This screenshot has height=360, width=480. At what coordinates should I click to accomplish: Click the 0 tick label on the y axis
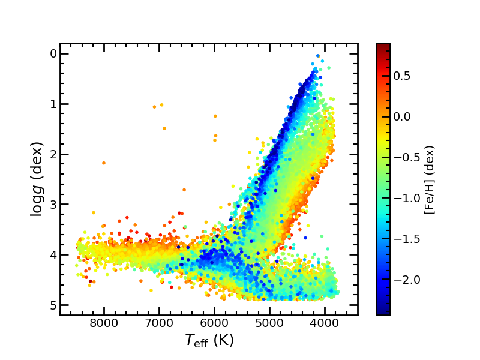(53, 53)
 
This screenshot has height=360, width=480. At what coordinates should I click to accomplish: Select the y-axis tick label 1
(53, 104)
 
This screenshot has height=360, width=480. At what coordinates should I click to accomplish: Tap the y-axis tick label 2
(53, 154)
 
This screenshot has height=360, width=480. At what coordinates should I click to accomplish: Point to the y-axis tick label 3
(53, 205)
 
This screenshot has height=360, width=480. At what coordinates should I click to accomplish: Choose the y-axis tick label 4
(53, 255)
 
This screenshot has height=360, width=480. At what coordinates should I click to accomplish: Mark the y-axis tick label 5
(53, 305)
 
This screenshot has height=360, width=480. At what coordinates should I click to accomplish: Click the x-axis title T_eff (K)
(209, 341)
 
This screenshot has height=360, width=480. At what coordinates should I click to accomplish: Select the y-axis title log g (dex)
(37, 179)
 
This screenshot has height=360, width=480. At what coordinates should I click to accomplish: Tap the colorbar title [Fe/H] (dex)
(430, 179)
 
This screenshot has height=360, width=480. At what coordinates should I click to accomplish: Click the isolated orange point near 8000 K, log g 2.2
(104, 163)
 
